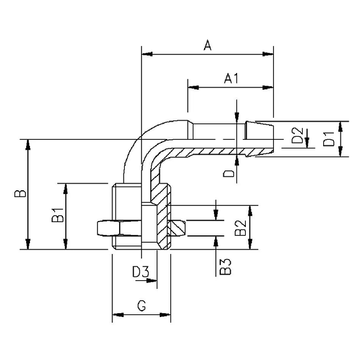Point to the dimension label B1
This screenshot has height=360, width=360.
(57, 216)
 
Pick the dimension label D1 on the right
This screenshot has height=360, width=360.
(329, 138)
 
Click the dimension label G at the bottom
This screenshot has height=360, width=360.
(141, 306)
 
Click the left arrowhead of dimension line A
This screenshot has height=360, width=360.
(146, 54)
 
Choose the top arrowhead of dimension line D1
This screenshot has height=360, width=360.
(342, 124)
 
